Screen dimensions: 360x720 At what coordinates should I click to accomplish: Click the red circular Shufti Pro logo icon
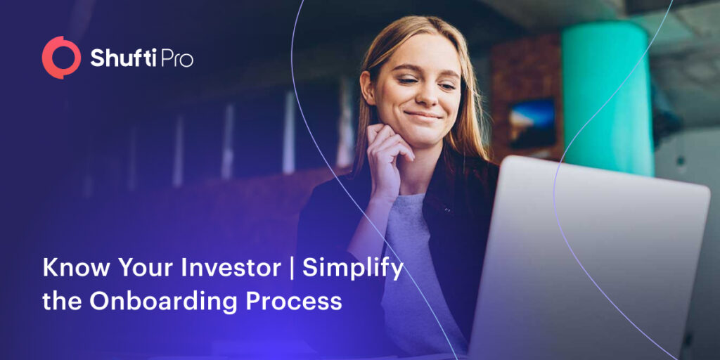pyautogui.click(x=61, y=57)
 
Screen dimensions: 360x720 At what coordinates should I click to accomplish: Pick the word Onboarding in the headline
pyautogui.click(x=174, y=301)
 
